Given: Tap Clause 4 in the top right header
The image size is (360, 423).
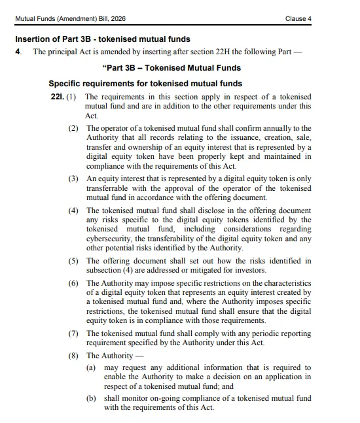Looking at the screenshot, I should pos(298,18).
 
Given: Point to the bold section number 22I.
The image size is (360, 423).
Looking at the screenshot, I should pos(56,97).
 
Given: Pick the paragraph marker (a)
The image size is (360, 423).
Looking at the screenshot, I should pos(92,369).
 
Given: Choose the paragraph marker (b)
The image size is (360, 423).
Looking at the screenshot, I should pos(92,398).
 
